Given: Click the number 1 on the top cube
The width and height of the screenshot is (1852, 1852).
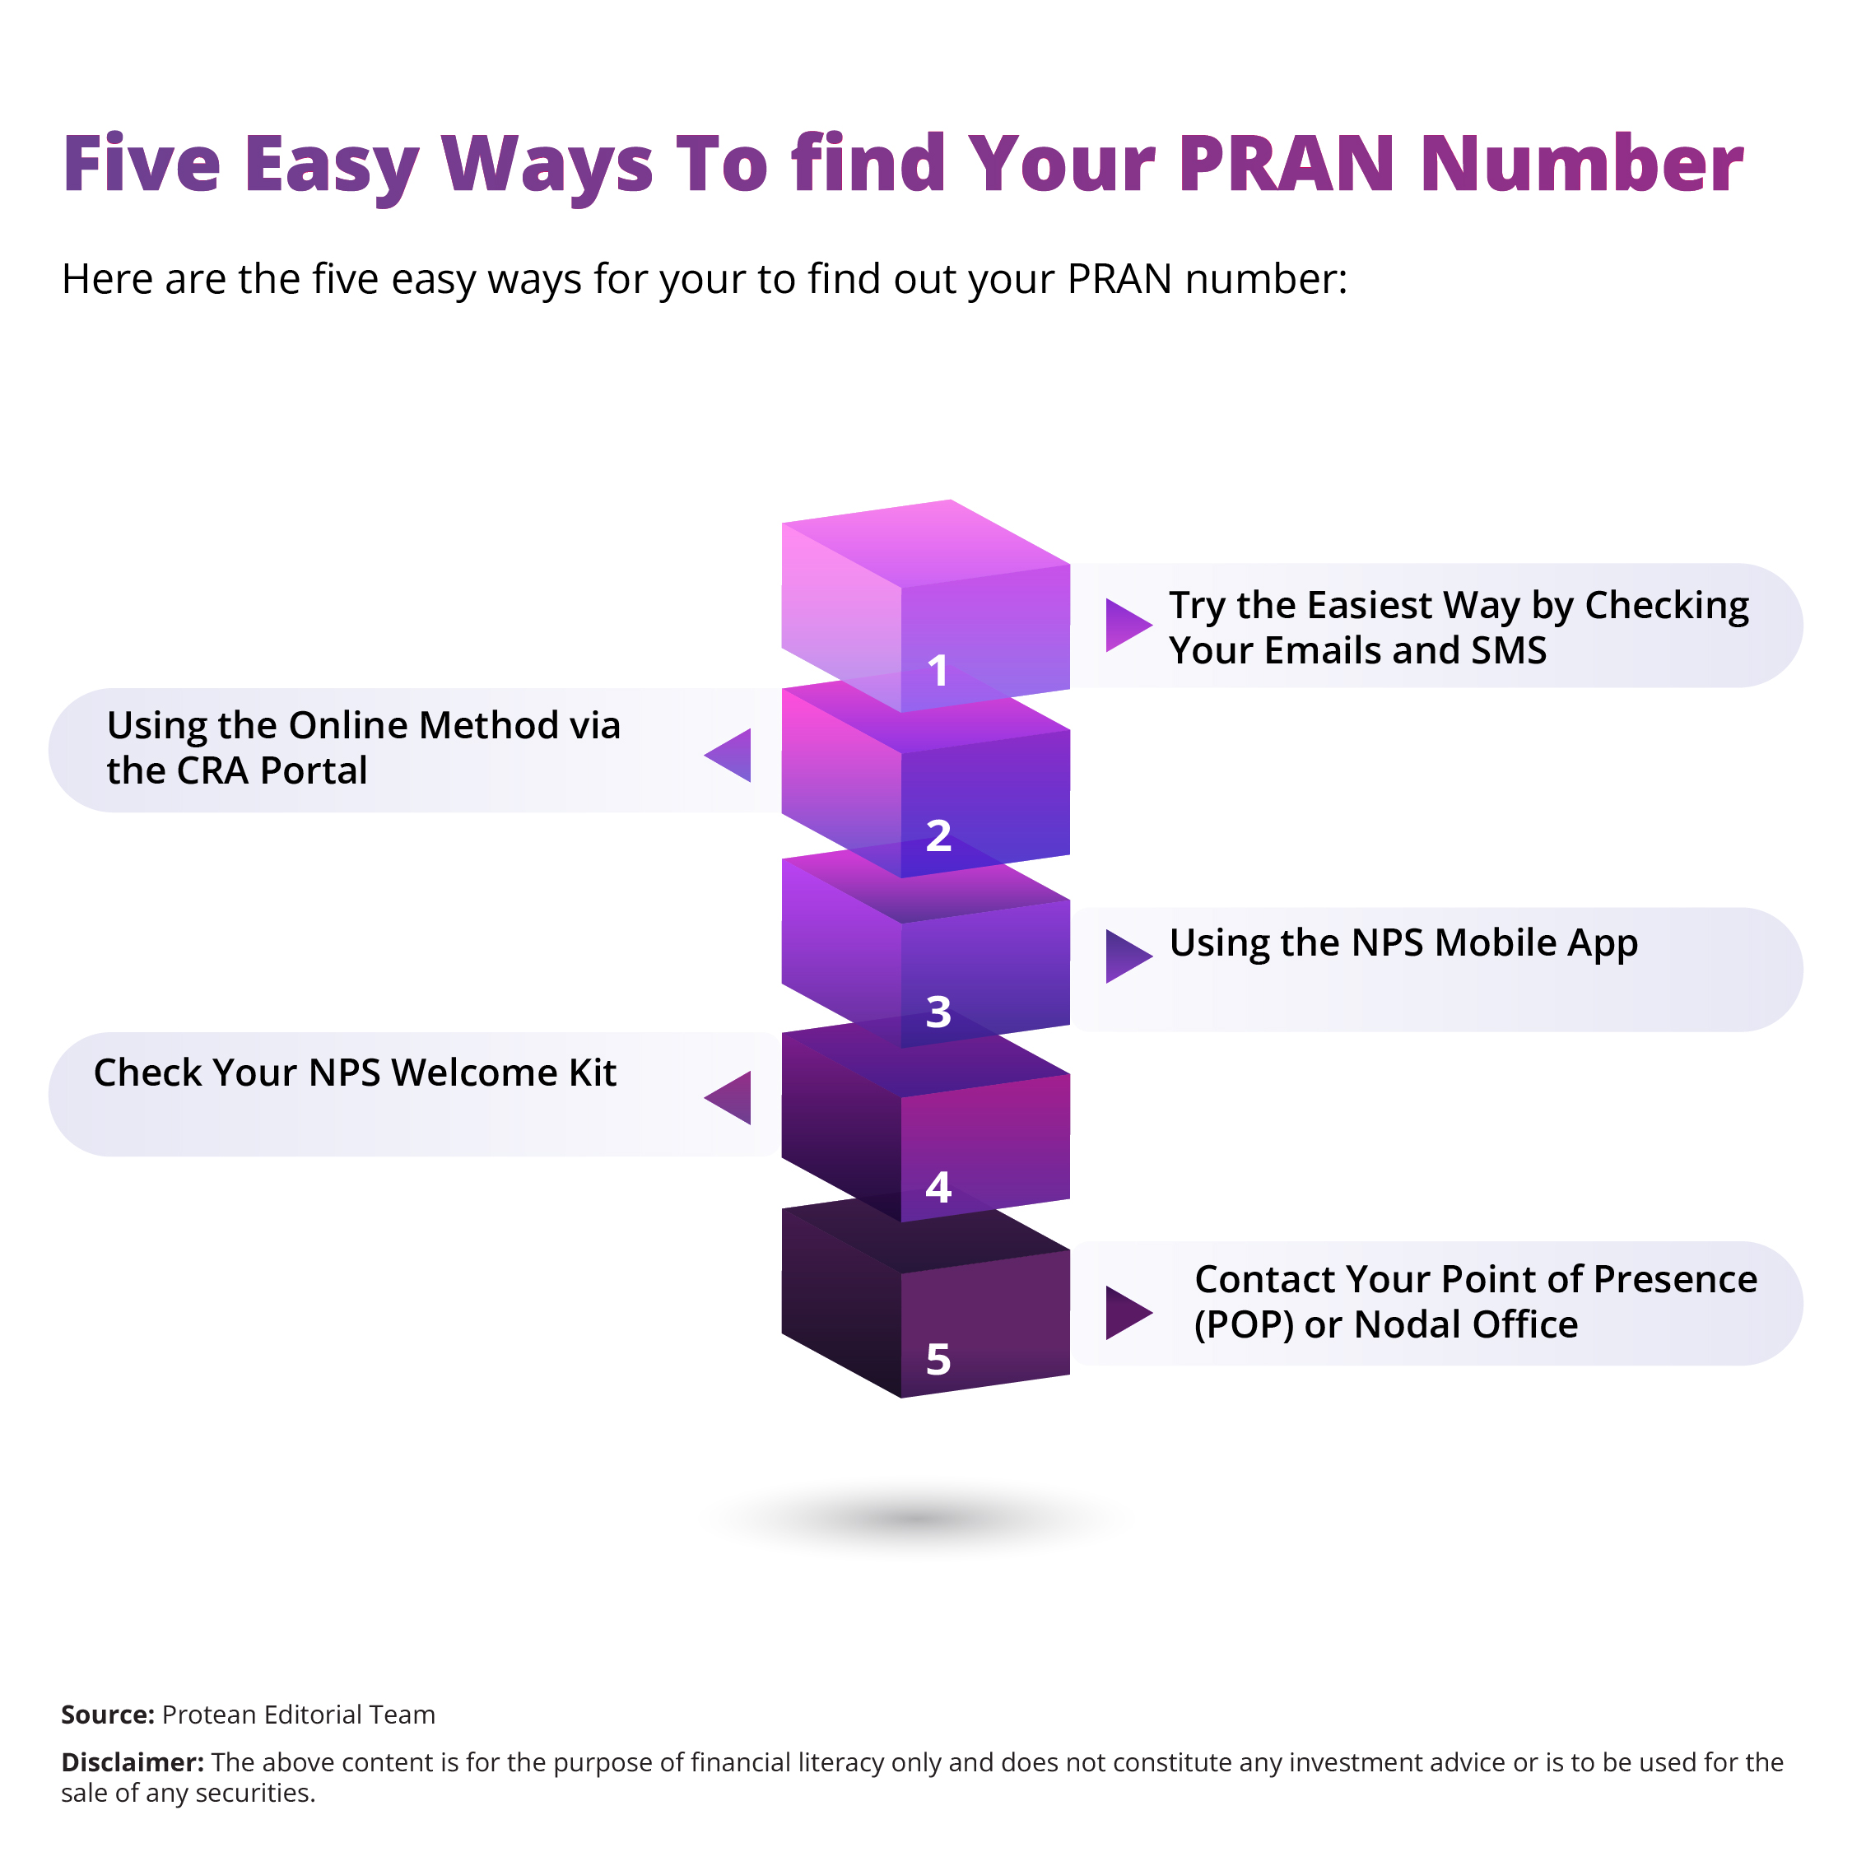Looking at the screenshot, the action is point(938,670).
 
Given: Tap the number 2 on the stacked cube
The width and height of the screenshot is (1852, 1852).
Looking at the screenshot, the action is point(938,835).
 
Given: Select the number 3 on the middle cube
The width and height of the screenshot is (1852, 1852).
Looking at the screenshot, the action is point(938,1012).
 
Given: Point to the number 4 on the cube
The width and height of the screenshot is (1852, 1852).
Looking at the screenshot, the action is point(938,1187).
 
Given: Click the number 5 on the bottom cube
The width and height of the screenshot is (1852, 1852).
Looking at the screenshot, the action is point(938,1358).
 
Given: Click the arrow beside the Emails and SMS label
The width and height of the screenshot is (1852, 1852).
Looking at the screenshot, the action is point(1128,625).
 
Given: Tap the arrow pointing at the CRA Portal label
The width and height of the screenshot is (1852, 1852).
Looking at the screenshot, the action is point(728,756).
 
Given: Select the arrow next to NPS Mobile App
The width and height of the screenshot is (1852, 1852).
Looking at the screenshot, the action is point(1128,956).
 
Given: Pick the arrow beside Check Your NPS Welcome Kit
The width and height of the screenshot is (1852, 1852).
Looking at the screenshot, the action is point(728,1097).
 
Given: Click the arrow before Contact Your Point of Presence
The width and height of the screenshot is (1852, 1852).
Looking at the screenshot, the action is point(1128,1312).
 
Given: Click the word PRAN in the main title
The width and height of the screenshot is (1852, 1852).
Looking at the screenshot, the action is point(1287,163).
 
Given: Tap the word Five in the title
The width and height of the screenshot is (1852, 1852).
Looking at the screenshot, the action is point(142,163).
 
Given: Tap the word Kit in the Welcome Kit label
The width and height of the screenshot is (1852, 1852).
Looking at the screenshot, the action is point(593,1073).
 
